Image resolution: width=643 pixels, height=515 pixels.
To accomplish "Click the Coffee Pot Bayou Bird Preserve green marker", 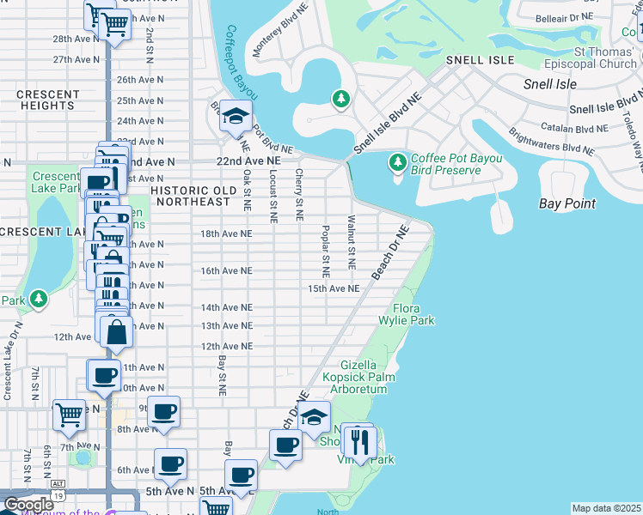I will (397, 161).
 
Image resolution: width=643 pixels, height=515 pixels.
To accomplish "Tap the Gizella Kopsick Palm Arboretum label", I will (355, 377).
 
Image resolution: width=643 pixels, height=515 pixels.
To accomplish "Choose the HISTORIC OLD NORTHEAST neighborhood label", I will (190, 196).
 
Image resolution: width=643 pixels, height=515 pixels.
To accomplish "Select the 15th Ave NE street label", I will (334, 288).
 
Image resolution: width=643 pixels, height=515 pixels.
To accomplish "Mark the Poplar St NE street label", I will (326, 251).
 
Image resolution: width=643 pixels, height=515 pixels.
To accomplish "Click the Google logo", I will (28, 504).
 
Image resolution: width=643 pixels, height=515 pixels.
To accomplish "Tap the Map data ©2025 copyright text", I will (606, 508).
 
